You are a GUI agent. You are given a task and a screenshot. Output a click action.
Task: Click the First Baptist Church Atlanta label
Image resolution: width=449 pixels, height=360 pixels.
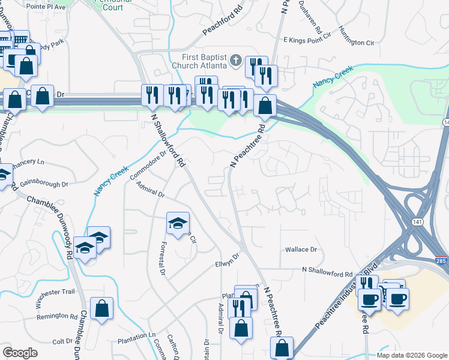pos(198,61)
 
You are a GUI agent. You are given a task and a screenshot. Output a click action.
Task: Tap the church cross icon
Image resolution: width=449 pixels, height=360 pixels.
pos(236,61)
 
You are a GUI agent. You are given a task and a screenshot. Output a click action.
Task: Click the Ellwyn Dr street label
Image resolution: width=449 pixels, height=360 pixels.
pos(228,261)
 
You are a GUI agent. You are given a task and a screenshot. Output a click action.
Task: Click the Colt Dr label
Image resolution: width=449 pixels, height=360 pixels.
pos(62,341)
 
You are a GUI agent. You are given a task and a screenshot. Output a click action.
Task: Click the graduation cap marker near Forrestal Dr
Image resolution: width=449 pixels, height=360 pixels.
pos(177,224)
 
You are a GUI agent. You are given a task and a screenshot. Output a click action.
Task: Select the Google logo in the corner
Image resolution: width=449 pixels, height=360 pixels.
pos(20,353)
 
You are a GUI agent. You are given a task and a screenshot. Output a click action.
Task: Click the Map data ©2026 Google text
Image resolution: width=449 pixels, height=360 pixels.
pos(412,355)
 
